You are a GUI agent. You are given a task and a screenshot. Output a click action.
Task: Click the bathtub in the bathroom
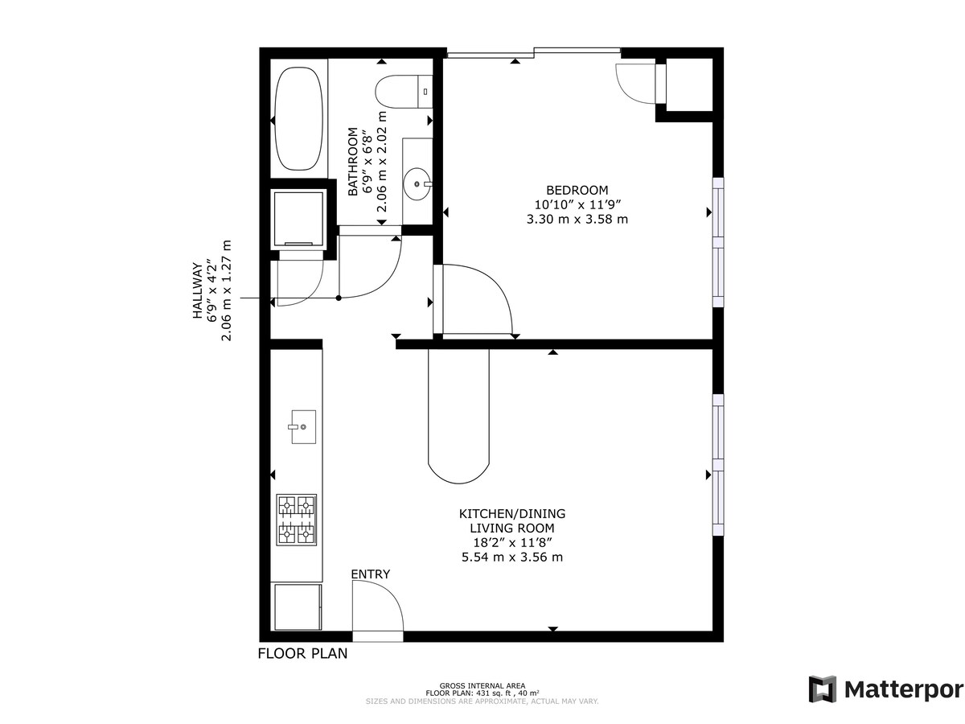298,119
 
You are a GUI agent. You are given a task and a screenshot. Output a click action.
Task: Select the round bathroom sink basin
416,184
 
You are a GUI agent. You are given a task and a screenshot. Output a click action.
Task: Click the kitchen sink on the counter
303,427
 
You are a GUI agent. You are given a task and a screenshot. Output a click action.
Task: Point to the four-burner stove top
296,520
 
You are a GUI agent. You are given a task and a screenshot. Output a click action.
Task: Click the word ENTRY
370,574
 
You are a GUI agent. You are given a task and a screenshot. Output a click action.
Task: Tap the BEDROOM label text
577,191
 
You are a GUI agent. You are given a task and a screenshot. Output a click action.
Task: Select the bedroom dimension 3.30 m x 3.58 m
577,219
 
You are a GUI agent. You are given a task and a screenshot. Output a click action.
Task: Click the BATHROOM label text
352,162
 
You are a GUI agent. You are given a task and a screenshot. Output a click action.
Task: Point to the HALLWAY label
198,290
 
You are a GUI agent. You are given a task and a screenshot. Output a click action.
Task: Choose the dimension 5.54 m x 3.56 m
511,557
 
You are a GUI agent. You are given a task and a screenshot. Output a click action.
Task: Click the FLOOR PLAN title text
302,654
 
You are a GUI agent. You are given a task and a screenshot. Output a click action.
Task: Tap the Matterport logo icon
822,689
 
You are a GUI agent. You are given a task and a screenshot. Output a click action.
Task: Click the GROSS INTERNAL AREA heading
482,685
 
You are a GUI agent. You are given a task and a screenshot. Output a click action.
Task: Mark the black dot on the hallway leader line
339,298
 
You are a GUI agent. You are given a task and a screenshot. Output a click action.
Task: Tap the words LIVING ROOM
511,528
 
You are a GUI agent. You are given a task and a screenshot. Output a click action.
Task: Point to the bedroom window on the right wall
718,242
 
